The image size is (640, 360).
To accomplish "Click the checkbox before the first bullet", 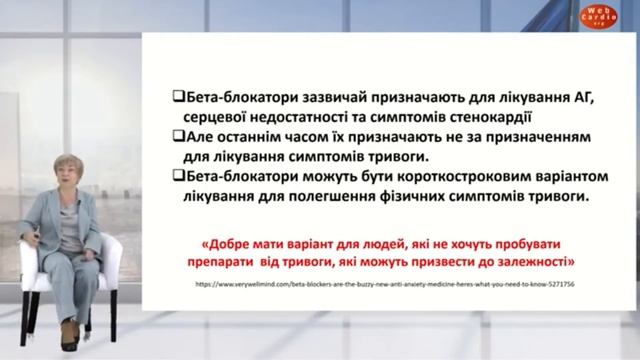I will pyautogui.click(x=178, y=96).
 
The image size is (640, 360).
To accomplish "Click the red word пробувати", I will pyautogui.click(x=538, y=242).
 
